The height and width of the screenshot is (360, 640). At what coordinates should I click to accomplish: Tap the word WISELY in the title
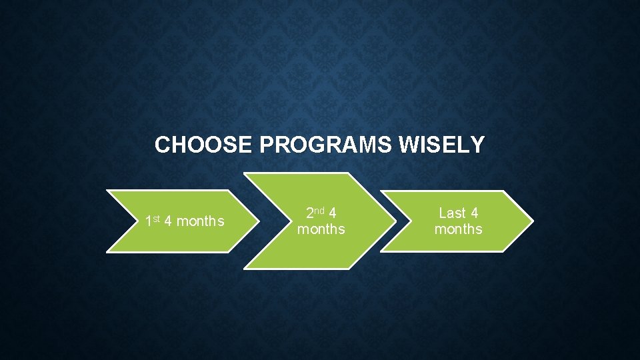click(442, 145)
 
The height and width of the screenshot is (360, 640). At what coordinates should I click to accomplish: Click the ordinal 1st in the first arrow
click(153, 221)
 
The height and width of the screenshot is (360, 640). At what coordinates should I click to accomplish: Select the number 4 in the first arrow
click(169, 221)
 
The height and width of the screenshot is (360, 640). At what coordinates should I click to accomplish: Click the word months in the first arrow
click(201, 221)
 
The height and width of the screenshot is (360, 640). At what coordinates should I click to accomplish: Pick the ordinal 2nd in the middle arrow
click(314, 213)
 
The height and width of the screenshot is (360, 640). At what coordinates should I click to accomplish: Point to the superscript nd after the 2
click(319, 211)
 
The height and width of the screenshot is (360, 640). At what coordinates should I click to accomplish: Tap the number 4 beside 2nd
click(332, 213)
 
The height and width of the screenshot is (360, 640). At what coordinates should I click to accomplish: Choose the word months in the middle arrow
click(321, 229)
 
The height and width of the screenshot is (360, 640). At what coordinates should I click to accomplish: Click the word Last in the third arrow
click(452, 213)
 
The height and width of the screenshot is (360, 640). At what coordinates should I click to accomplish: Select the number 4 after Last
click(474, 213)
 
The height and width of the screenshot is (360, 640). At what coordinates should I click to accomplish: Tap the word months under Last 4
click(459, 229)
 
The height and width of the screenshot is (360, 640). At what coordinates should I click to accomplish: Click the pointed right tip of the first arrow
click(259, 221)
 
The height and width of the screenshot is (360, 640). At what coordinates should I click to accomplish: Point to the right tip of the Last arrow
click(533, 221)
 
